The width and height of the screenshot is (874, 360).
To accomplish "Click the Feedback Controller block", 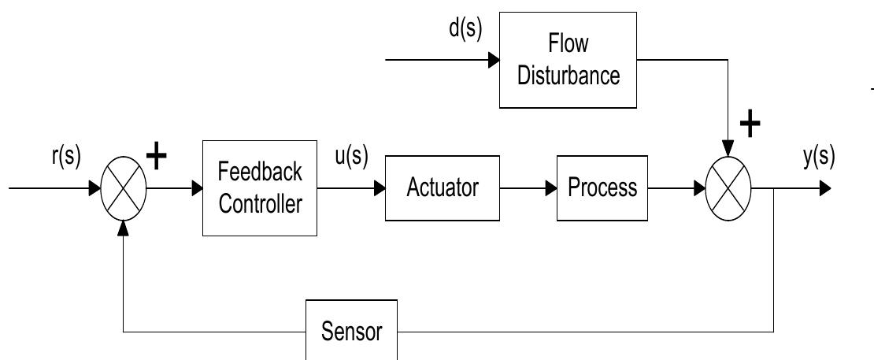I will click(x=260, y=188).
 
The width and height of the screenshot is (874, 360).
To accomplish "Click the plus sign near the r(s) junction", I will click(x=158, y=157).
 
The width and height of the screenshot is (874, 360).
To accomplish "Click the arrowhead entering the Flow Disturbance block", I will click(x=494, y=59).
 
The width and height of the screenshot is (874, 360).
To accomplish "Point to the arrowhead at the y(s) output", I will click(x=824, y=189).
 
